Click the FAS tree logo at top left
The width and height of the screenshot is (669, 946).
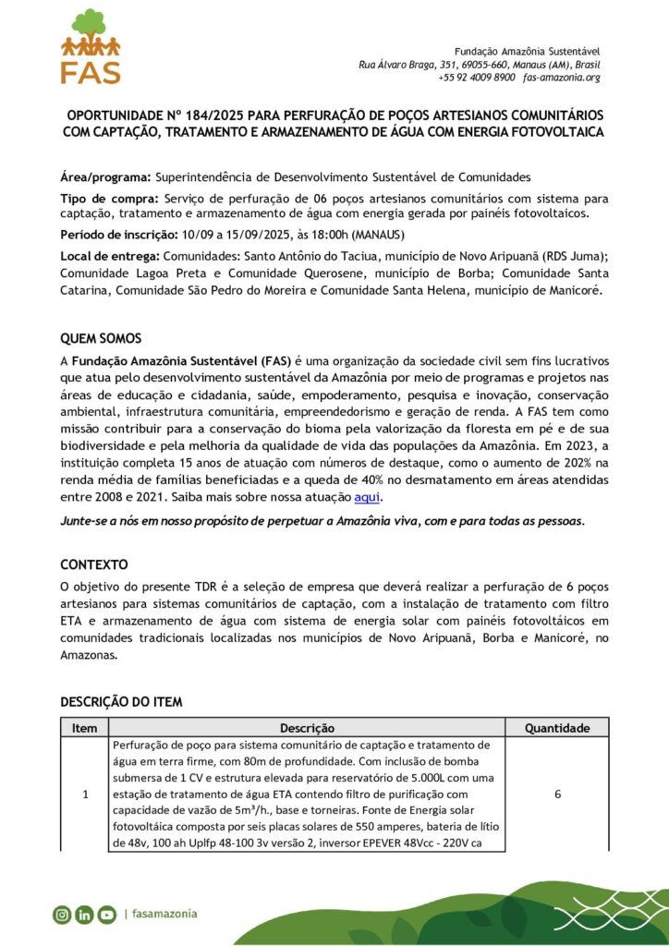click(x=90, y=46)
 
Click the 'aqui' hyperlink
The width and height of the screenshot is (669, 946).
click(x=368, y=497)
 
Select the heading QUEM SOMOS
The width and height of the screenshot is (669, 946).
click(x=101, y=338)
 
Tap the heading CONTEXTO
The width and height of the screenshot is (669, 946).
click(x=94, y=564)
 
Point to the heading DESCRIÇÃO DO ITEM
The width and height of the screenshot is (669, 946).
click(x=121, y=702)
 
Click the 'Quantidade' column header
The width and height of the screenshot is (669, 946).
click(x=557, y=728)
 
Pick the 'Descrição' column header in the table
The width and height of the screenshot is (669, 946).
click(x=307, y=728)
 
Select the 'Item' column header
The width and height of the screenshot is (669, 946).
click(x=85, y=728)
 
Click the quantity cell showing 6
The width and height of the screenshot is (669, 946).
click(x=557, y=794)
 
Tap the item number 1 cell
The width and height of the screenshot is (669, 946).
click(x=85, y=794)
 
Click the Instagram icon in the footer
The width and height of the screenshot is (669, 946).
click(x=62, y=915)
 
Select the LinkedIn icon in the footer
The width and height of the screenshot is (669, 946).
click(x=84, y=915)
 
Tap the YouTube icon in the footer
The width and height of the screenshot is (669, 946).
click(x=106, y=915)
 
